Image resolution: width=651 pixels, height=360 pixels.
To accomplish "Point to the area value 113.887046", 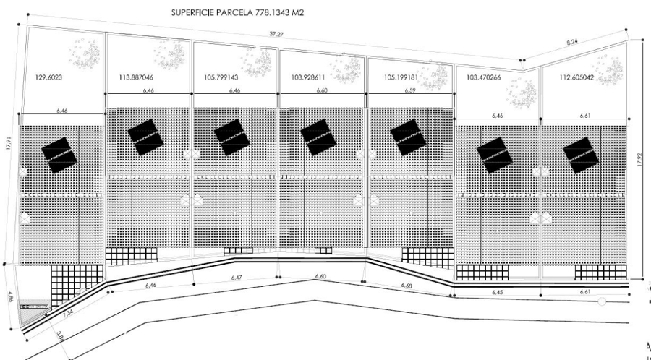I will click(x=135, y=76).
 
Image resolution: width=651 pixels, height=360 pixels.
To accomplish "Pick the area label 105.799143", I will click(x=220, y=76).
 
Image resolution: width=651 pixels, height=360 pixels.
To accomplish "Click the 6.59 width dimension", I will click(x=409, y=91).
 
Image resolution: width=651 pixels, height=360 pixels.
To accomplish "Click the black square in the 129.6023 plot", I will click(x=59, y=154).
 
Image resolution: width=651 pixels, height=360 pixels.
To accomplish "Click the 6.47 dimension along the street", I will click(x=236, y=278).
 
